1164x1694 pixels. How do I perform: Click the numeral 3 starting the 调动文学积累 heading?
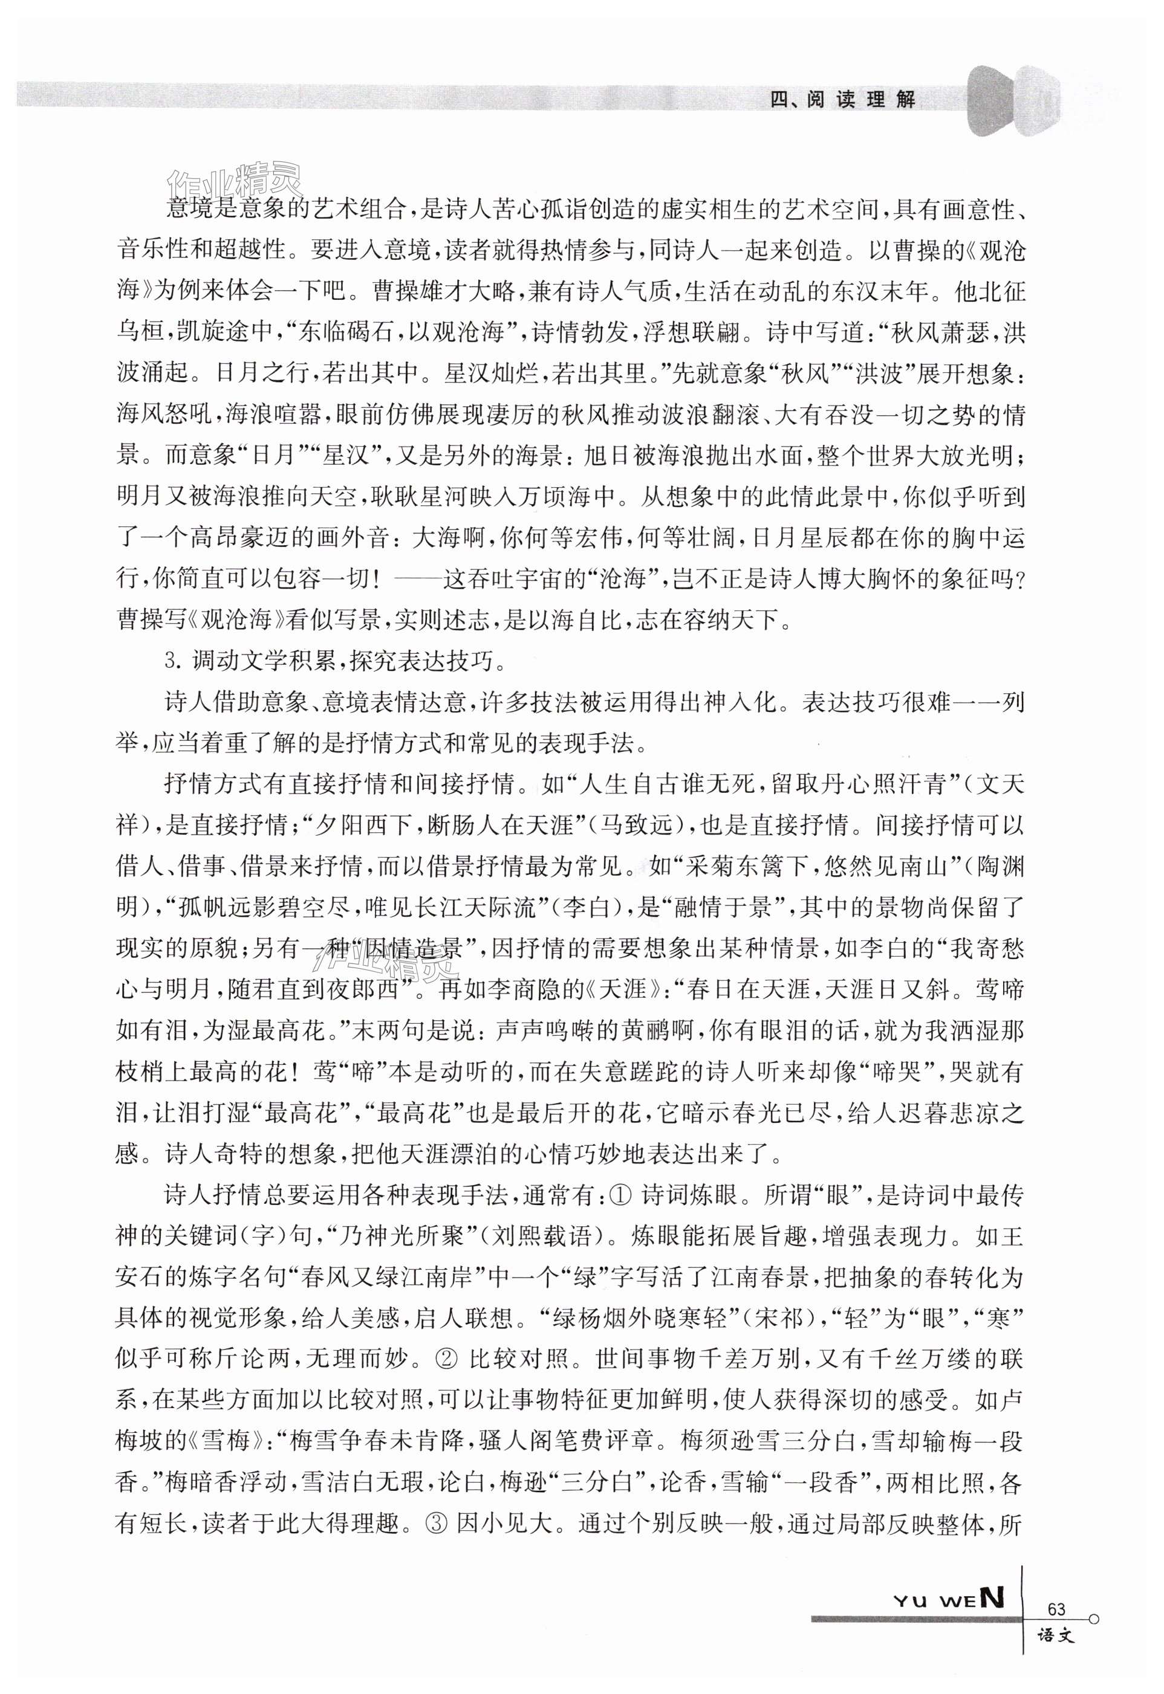172,661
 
